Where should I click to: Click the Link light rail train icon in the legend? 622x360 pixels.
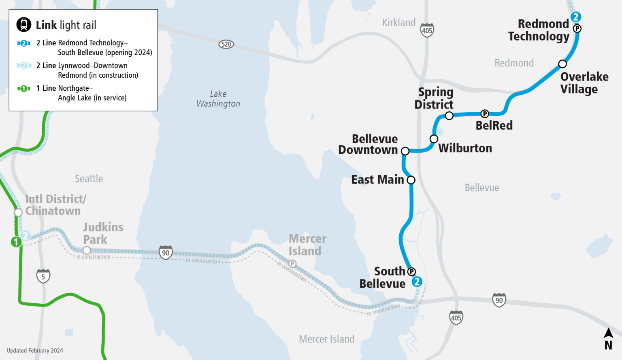coord(24,25)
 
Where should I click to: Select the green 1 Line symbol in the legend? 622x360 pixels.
coord(24,88)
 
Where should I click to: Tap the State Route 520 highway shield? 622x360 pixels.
coord(226,44)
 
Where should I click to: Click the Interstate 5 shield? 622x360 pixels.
coord(43,277)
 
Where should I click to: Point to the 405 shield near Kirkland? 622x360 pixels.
coord(427,30)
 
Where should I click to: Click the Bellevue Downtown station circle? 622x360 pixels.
coord(405,151)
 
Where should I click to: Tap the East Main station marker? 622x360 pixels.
coord(411,180)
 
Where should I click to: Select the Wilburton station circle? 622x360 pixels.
coord(434,139)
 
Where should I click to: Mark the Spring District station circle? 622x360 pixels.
coord(449,116)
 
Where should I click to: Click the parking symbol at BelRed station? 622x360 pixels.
coord(485,114)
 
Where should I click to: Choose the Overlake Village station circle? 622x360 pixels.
coord(562,64)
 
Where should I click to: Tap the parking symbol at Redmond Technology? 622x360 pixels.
coord(577,28)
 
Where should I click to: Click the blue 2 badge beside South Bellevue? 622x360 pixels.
coord(417,282)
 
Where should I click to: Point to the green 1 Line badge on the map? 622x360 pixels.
coord(16,242)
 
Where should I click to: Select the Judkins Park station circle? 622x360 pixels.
coord(87,250)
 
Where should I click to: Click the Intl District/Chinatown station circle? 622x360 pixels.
coord(18,213)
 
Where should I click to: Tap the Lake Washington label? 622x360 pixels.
coord(218,99)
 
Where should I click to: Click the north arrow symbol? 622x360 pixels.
coord(608,339)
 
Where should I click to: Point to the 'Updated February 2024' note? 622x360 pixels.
coord(35,351)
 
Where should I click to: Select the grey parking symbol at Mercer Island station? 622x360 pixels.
coord(292,264)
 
